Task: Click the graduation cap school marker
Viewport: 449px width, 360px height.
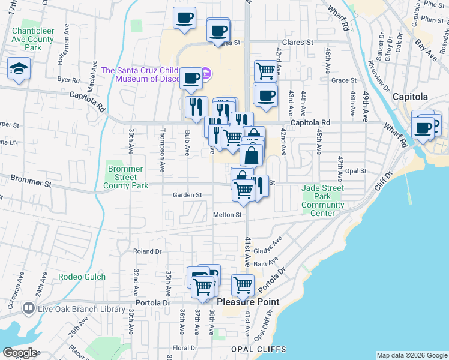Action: [x=19, y=70]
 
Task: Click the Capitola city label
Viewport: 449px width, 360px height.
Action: [x=410, y=97]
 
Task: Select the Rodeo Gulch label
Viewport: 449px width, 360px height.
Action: [x=82, y=277]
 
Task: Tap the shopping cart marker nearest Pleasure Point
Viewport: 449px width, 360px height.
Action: [x=243, y=285]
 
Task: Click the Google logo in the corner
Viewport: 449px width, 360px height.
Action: [x=19, y=353]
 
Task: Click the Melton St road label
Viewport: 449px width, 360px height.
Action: [x=227, y=214]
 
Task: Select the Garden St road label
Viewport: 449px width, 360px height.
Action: [x=187, y=195]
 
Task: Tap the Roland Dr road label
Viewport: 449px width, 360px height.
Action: [x=148, y=251]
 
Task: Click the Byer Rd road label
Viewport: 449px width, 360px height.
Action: [x=68, y=80]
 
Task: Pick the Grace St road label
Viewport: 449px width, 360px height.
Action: [x=344, y=80]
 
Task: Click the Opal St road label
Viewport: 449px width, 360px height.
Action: [x=355, y=171]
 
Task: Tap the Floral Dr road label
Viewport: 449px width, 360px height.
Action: [x=185, y=348]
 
